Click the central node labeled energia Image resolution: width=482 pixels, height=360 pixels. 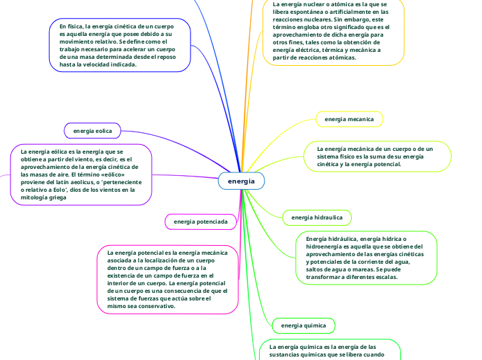click(241, 181)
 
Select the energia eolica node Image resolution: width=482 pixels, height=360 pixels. click(92, 130)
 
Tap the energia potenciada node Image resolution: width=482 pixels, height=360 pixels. click(200, 222)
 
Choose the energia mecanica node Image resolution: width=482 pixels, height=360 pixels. click(349, 119)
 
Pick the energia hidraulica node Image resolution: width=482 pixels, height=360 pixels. click(316, 217)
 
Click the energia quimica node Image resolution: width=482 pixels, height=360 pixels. click(304, 325)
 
